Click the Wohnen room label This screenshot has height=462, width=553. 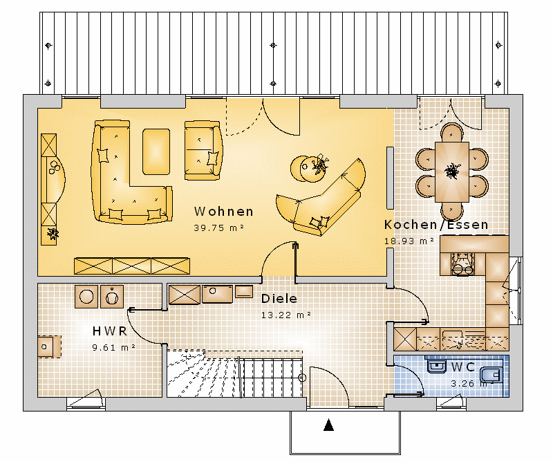pyautogui.click(x=223, y=212)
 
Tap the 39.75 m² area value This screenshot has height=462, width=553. pyautogui.click(x=219, y=228)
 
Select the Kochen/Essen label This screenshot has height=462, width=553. pyautogui.click(x=436, y=225)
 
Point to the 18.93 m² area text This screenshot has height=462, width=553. pyautogui.click(x=409, y=241)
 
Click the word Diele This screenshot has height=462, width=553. pyautogui.click(x=279, y=299)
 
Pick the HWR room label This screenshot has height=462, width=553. pyautogui.click(x=110, y=331)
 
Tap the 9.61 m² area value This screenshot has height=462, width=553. pyautogui.click(x=113, y=348)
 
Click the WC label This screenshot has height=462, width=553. pyautogui.click(x=463, y=367)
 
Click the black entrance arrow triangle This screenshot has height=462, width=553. pyautogui.click(x=329, y=425)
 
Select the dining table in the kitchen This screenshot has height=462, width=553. pyautogui.click(x=452, y=172)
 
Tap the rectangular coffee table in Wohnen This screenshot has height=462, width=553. pyautogui.click(x=156, y=151)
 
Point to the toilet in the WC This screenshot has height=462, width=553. pyautogui.click(x=491, y=374)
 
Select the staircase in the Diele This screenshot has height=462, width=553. pyautogui.click(x=234, y=374)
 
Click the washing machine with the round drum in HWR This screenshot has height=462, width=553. pyautogui.click(x=86, y=297)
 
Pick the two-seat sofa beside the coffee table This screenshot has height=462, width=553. pyautogui.click(x=203, y=151)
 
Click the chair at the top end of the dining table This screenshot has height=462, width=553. pyautogui.click(x=452, y=133)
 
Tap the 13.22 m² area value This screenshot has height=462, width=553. pyautogui.click(x=286, y=315)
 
